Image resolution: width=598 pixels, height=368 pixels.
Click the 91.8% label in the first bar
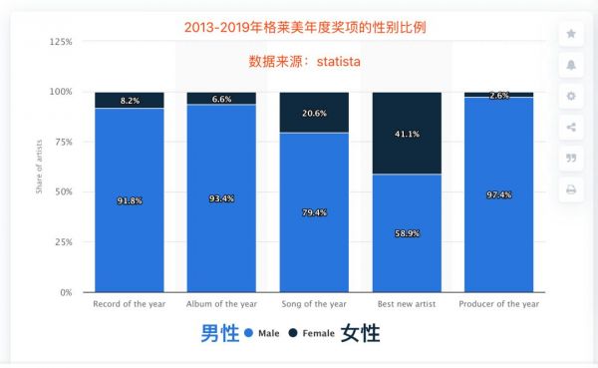pyautogui.click(x=129, y=200)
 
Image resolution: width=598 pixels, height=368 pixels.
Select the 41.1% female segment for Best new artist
pyautogui.click(x=406, y=133)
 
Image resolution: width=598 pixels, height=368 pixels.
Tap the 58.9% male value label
pyautogui.click(x=406, y=233)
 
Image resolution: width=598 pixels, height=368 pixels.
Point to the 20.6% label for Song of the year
pyautogui.click(x=314, y=113)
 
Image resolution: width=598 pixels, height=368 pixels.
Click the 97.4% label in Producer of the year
pyautogui.click(x=498, y=194)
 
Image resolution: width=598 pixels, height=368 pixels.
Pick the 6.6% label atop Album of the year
pyautogui.click(x=221, y=99)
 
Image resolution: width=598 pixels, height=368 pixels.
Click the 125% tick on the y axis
pyautogui.click(x=61, y=42)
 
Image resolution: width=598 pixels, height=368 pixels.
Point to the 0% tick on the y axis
pyautogui.click(x=65, y=292)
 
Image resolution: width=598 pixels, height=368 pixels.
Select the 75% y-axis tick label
pyautogui.click(x=63, y=142)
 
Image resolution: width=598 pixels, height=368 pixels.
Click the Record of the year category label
pyautogui.click(x=129, y=303)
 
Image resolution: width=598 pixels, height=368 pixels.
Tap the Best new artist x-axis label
pyautogui.click(x=406, y=303)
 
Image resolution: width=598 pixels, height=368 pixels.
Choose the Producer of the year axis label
pyautogui.click(x=498, y=303)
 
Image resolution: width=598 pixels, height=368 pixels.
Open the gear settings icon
pyautogui.click(x=571, y=96)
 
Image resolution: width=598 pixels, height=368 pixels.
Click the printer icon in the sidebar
pyautogui.click(x=571, y=188)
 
